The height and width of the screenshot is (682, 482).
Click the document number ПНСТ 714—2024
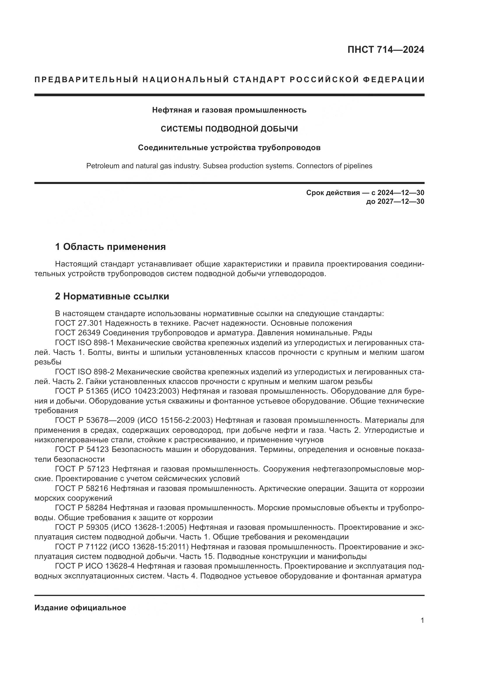tap(386, 50)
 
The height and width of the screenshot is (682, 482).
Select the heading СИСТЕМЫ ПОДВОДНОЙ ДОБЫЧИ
tap(229, 129)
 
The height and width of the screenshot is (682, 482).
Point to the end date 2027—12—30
tap(401, 201)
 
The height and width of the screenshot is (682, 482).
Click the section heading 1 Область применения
tap(110, 247)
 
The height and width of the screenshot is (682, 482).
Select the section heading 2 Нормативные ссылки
tap(112, 297)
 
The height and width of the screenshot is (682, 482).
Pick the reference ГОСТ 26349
tap(77, 333)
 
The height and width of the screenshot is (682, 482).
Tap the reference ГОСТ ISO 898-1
tap(84, 343)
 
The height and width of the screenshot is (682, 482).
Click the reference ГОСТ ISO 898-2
tap(84, 372)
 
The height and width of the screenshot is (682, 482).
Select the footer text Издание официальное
tap(80, 608)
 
